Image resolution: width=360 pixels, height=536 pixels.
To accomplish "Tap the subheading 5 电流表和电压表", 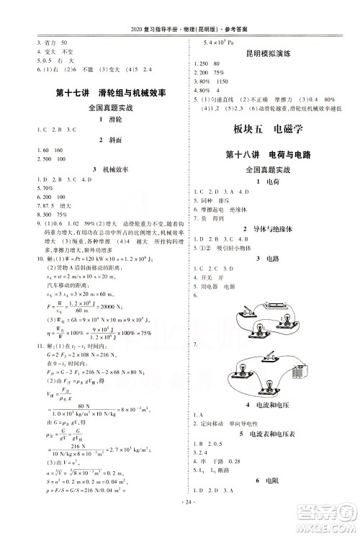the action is point(268,434).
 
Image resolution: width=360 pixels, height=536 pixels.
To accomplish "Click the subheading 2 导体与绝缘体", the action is point(268,228).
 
